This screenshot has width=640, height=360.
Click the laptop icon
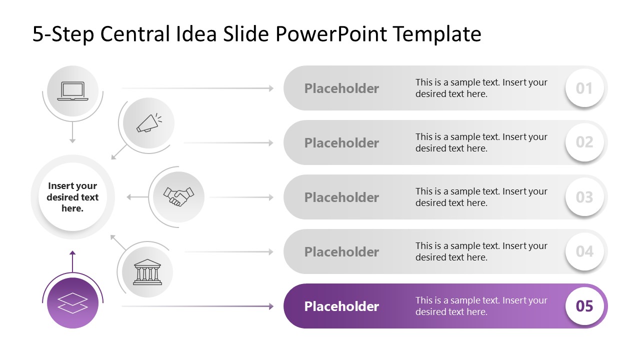pyautogui.click(x=72, y=91)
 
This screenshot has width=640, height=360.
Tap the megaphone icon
pyautogui.click(x=149, y=123)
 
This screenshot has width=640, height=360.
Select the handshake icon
pyautogui.click(x=178, y=196)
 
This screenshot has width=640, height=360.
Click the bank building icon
pyautogui.click(x=147, y=272)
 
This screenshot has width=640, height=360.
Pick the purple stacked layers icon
pyautogui.click(x=72, y=303)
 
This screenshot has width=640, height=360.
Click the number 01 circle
pyautogui.click(x=584, y=88)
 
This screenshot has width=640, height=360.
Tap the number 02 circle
pyautogui.click(x=584, y=142)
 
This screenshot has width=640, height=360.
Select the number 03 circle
pyautogui.click(x=584, y=197)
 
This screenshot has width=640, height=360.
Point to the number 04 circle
pyautogui.click(x=584, y=251)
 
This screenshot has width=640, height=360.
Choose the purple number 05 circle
pyautogui.click(x=584, y=306)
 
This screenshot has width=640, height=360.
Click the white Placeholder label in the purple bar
pyautogui.click(x=341, y=306)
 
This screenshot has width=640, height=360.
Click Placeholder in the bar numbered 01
pyautogui.click(x=341, y=88)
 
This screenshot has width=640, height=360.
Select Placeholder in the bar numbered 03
pyautogui.click(x=341, y=197)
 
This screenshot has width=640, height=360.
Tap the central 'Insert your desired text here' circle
pyautogui.click(x=73, y=197)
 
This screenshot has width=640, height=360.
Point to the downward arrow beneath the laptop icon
pyautogui.click(x=72, y=132)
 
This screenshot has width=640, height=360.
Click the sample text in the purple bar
pyautogui.click(x=481, y=306)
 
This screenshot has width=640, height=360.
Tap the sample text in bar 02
pyautogui.click(x=481, y=142)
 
